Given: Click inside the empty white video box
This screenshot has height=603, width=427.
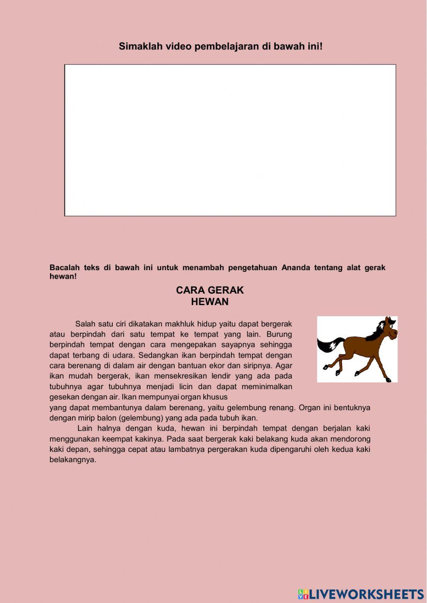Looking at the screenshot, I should click(x=230, y=140).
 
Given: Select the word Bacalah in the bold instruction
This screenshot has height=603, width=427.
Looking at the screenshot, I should click(x=62, y=268).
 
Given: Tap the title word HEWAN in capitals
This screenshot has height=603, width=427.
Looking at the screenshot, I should click(x=210, y=302).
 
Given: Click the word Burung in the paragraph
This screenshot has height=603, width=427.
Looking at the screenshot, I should click(x=279, y=334).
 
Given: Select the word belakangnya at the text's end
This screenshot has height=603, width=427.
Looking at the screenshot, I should click(x=73, y=460).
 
